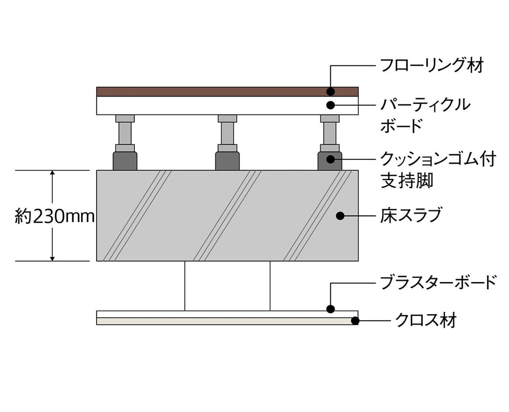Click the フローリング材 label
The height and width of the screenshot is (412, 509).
pyautogui.click(x=432, y=66)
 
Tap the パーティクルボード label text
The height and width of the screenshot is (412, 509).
pyautogui.click(x=425, y=115)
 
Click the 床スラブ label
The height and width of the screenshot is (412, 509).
pyautogui.click(x=411, y=215)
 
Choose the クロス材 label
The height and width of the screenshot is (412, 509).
pyautogui.click(x=426, y=320)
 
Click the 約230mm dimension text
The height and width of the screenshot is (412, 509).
pyautogui.click(x=55, y=216)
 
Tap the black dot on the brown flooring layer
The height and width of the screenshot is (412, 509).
pyautogui.click(x=330, y=92)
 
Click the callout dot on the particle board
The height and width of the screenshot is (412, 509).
pyautogui.click(x=330, y=105)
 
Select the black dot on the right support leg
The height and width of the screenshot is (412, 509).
pyautogui.click(x=330, y=159)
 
